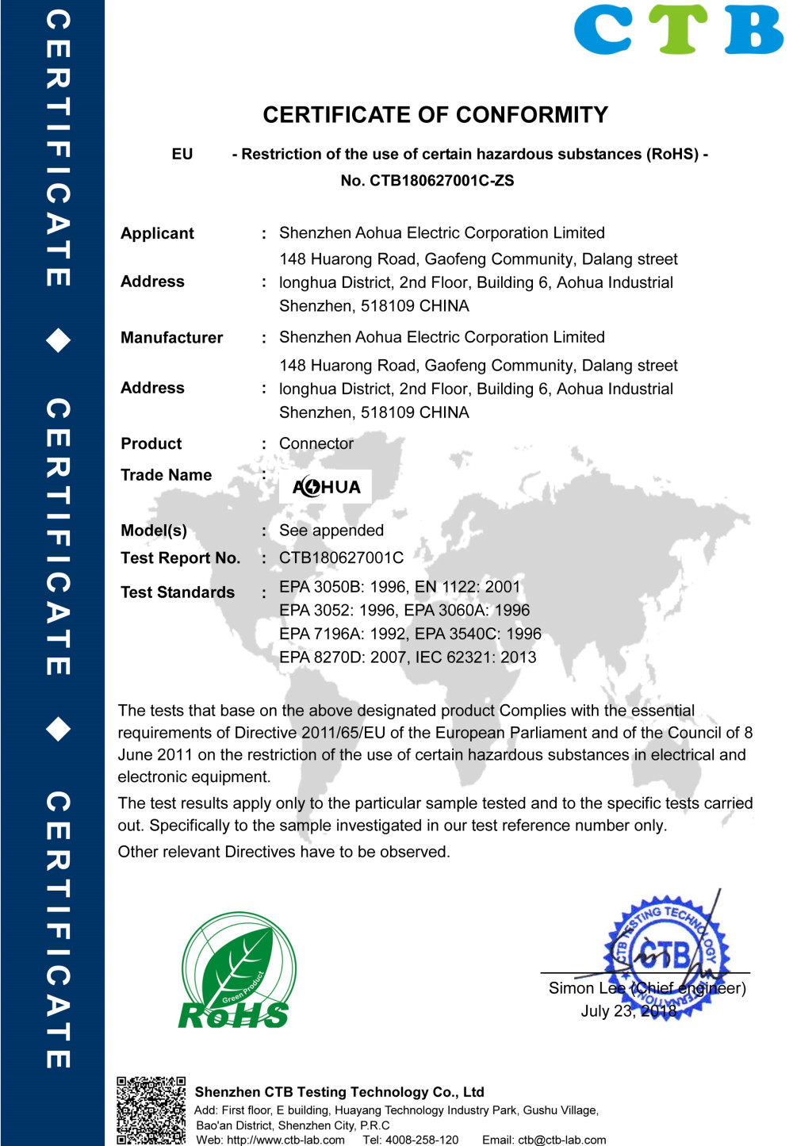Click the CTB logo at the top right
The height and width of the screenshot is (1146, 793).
[x=679, y=29]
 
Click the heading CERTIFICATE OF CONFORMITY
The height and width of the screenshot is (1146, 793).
[x=435, y=115]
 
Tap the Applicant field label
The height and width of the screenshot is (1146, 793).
[x=157, y=233]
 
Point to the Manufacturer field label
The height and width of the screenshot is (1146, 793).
[x=171, y=338]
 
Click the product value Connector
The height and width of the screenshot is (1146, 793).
[x=316, y=443]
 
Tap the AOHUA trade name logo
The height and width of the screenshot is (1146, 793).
[x=326, y=487]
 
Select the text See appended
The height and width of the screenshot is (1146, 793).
[x=331, y=531]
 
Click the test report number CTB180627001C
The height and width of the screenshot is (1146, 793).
[x=341, y=558]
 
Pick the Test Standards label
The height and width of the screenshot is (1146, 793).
[x=178, y=592]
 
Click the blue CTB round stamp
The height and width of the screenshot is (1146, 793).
[x=666, y=956]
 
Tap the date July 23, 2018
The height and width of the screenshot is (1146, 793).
[x=629, y=1011]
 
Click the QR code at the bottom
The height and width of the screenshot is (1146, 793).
[x=151, y=1110]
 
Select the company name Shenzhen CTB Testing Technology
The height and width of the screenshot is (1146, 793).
[x=339, y=1092]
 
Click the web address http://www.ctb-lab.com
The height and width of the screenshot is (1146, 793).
[x=285, y=1140]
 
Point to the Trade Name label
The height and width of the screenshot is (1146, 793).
[x=166, y=475]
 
